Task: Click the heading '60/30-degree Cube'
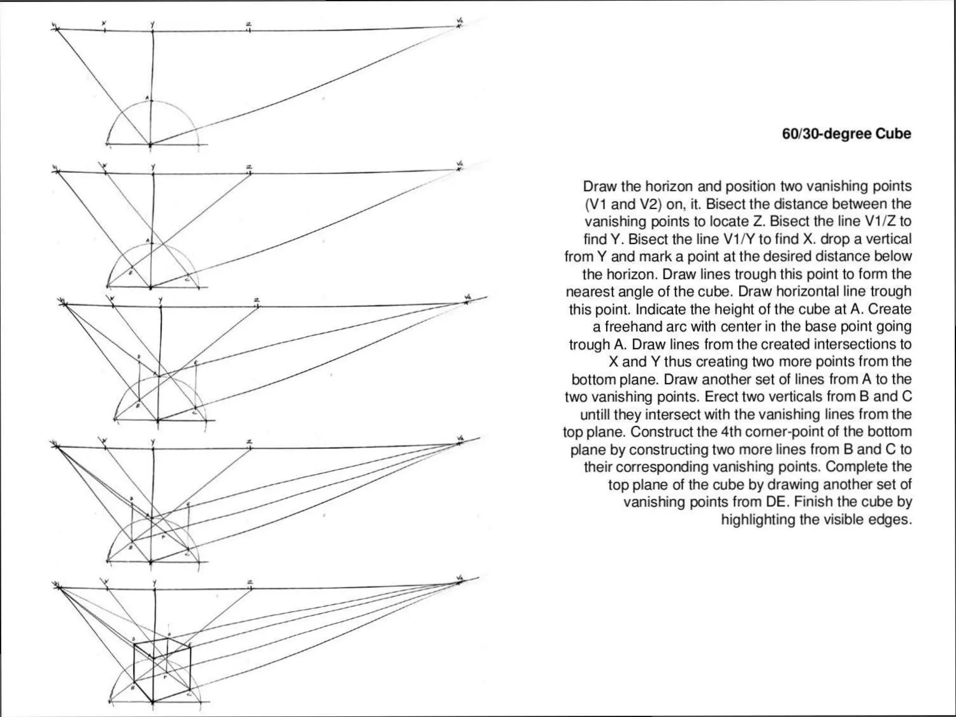click(x=846, y=134)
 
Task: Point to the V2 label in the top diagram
click(x=460, y=20)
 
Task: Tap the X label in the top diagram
click(x=104, y=23)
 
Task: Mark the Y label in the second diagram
click(x=153, y=167)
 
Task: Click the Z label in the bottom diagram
click(x=250, y=582)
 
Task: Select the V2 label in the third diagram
click(x=468, y=297)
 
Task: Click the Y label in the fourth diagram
click(x=153, y=441)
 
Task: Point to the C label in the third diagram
click(x=195, y=412)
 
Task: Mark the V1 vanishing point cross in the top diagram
click(x=56, y=29)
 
